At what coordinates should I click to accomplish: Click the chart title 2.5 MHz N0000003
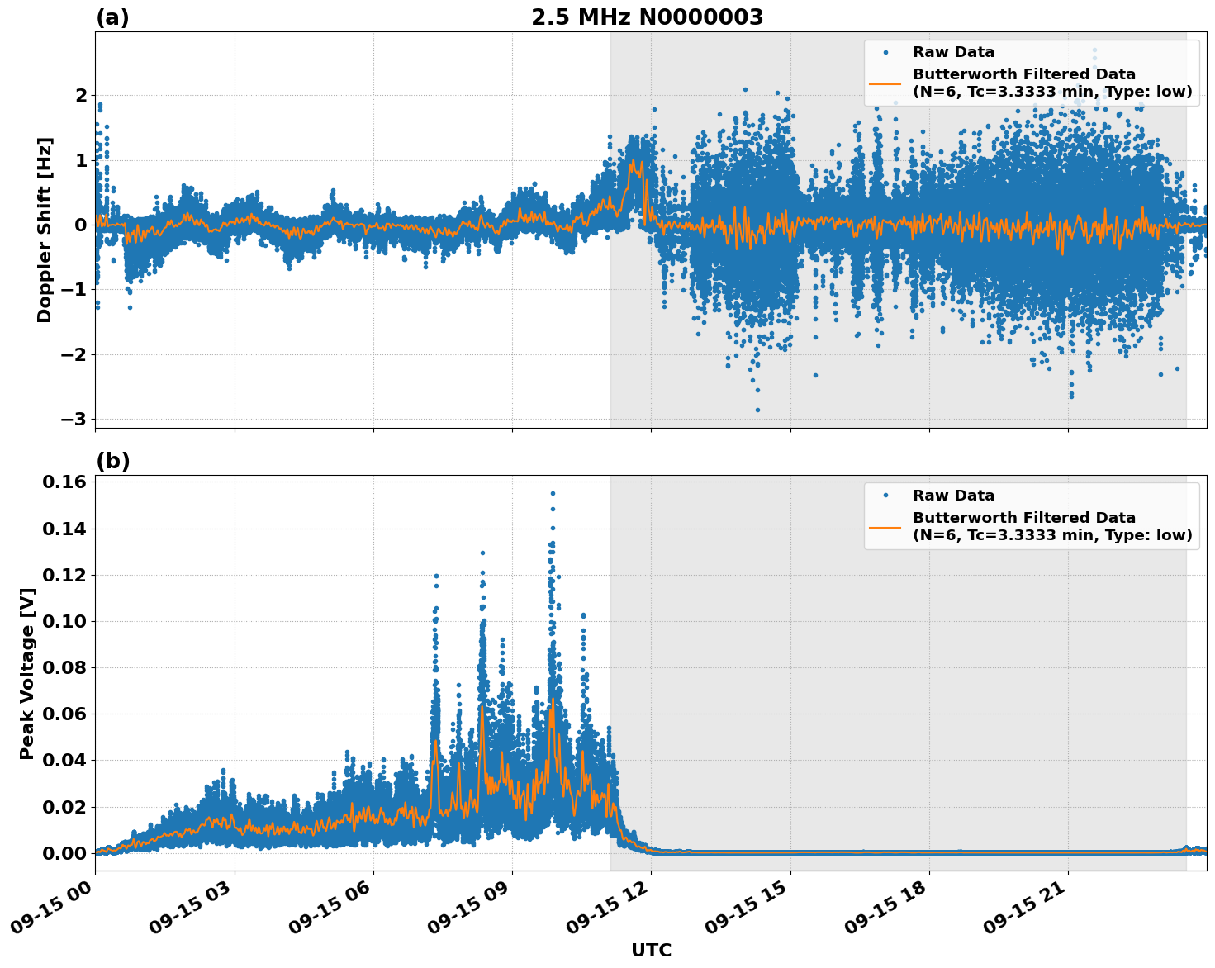pos(647,17)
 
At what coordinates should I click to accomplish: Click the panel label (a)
pos(112,17)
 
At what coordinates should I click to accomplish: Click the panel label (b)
pos(112,461)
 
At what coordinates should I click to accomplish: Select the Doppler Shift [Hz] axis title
pos(45,230)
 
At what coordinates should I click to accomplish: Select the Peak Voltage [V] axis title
pos(27,673)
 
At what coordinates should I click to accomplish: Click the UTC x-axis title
pos(651,950)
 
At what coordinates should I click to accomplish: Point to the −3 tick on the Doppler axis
pos(74,419)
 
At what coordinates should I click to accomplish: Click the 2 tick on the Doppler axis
pos(81,95)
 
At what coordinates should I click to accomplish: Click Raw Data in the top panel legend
pos(953,52)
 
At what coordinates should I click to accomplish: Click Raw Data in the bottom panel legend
pos(953,496)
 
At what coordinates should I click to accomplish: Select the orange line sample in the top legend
pos(885,83)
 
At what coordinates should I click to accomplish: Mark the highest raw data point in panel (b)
pos(553,493)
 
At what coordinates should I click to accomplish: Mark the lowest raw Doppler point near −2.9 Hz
pos(757,410)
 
